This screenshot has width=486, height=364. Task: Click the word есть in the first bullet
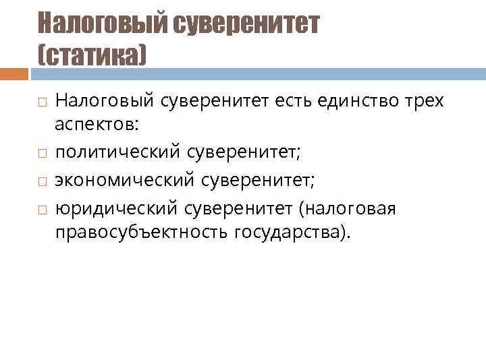pos(290,100)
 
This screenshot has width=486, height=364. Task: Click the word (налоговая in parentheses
pos(352,209)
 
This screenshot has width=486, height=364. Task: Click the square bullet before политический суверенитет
pos(41,154)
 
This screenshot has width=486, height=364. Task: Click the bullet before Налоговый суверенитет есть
pos(41,102)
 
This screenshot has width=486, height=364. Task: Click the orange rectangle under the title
pos(13,73)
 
